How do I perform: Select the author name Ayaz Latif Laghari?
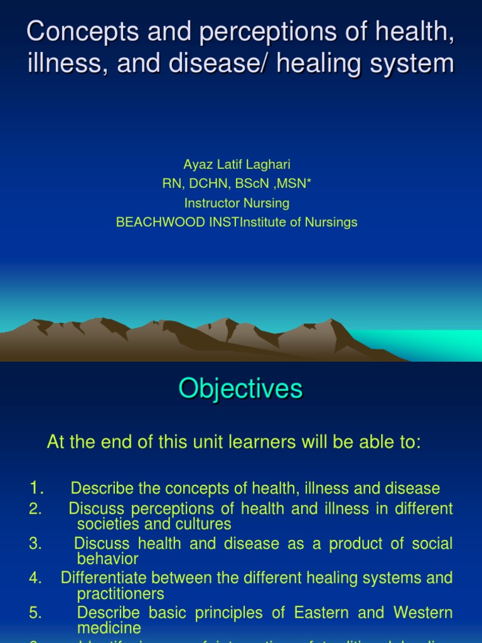(237, 165)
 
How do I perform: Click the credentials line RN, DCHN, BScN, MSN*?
(237, 183)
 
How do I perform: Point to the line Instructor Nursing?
(237, 203)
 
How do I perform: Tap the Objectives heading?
(240, 389)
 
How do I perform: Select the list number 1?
(36, 488)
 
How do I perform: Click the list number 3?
(35, 544)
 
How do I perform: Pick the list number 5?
(35, 612)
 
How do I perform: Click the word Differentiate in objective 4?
(105, 578)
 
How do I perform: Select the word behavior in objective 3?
(107, 559)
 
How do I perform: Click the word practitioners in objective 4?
(120, 593)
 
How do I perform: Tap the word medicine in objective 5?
(109, 628)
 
